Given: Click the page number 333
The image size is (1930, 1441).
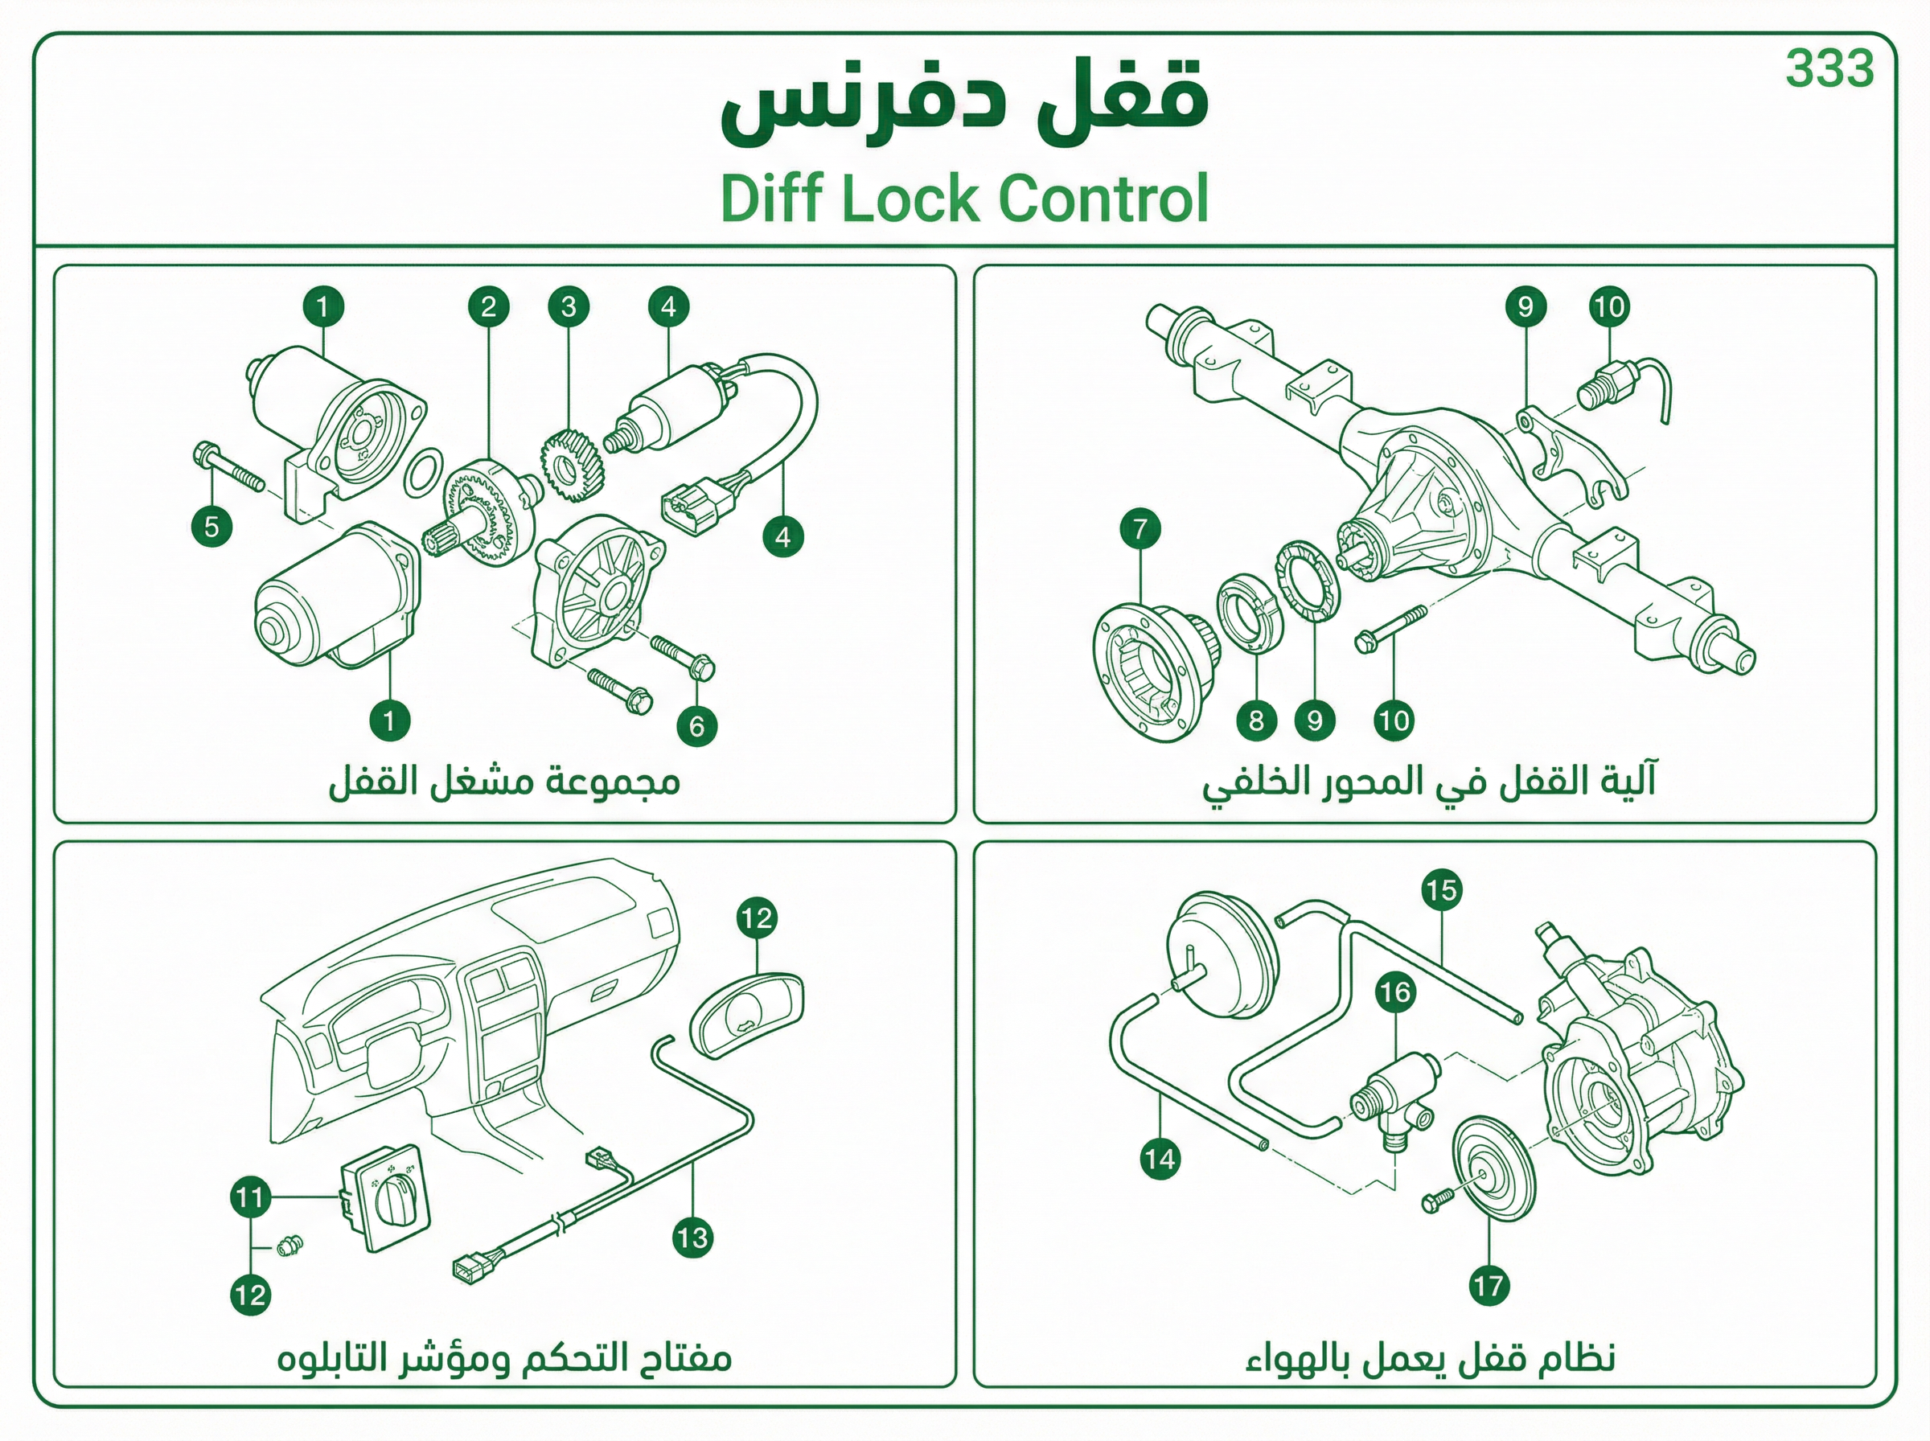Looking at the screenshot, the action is click(1829, 69).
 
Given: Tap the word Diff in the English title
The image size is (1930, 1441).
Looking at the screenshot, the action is click(771, 199).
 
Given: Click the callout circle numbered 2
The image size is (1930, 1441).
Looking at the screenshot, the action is click(488, 306).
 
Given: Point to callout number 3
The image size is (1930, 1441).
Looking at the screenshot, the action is click(569, 306).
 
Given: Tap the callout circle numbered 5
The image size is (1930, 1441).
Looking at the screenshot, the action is click(212, 526).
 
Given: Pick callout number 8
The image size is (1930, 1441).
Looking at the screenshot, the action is click(1256, 720).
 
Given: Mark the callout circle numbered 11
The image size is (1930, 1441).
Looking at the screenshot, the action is click(250, 1197).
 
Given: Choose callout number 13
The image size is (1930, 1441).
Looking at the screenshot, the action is click(692, 1238).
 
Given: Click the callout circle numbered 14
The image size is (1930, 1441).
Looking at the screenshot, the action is click(1160, 1160).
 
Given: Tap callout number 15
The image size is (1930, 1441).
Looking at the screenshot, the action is click(1441, 889).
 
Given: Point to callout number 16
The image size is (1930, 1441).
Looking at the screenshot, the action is click(1394, 991).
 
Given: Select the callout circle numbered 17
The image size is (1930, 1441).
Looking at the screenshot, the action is click(1489, 1285).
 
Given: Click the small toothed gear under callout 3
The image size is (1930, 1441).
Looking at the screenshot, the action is click(567, 467).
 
